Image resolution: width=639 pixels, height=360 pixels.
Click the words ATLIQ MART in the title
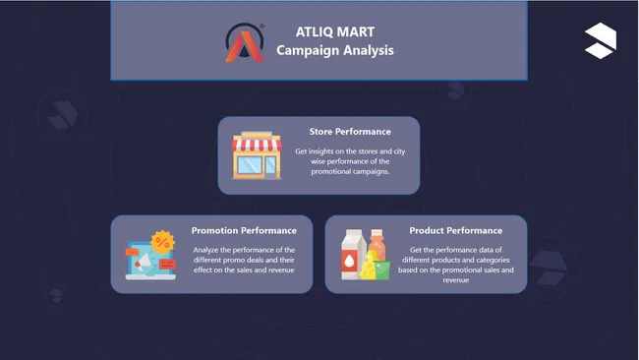[335, 31]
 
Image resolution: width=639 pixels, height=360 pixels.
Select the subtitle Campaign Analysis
[335, 50]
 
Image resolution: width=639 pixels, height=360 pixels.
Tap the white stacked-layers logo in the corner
[600, 39]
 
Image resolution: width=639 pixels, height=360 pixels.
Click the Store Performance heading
[350, 131]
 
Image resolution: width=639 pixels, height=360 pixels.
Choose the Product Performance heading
[455, 230]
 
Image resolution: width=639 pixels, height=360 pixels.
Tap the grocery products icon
[365, 256]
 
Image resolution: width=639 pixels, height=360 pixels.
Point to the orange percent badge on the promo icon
[163, 242]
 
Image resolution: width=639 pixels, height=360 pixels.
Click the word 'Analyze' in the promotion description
[208, 250]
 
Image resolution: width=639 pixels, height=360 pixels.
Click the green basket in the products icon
[378, 270]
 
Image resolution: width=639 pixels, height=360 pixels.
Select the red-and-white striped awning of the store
[256, 145]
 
